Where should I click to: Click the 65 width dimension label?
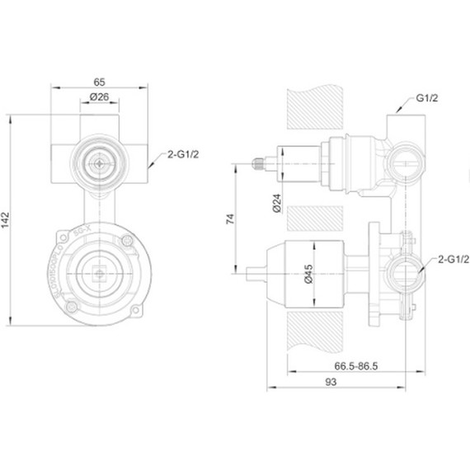click(98, 82)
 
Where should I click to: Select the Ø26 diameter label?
click(100, 98)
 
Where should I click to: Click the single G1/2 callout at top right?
click(426, 98)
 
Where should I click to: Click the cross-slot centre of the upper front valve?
click(99, 163)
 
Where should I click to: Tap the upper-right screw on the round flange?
click(127, 242)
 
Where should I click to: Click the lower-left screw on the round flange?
click(72, 308)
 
